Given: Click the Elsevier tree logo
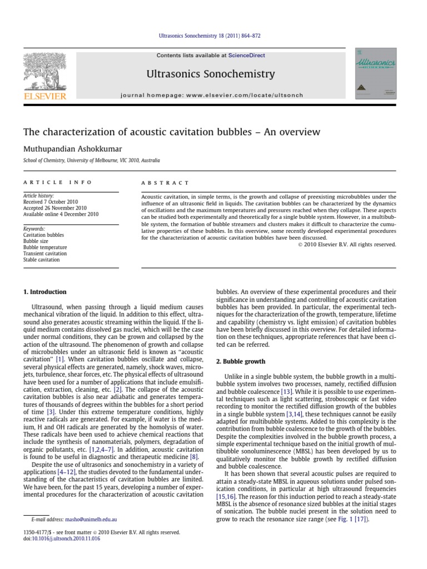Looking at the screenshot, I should (x=44, y=76).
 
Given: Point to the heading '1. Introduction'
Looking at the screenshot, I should (x=44, y=292).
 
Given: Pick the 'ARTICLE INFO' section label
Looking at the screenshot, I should (x=58, y=182).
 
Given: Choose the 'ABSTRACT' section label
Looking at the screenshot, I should (x=165, y=182).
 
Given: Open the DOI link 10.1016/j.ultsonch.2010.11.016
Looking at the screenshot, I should (x=66, y=538).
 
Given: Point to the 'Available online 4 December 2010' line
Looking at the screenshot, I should (x=61, y=214).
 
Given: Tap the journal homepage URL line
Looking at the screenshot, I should (x=212, y=95).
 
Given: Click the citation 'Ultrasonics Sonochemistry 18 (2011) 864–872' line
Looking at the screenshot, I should (x=213, y=36).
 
